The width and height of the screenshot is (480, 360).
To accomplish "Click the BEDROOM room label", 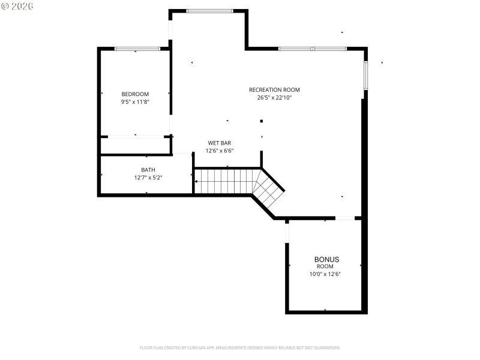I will pos(135,94).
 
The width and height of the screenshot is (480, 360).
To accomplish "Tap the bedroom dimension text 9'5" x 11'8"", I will pos(135,102).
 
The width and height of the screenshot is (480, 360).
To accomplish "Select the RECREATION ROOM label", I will pos(274,90).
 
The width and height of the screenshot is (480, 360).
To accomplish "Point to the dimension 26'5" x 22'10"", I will pos(274,97).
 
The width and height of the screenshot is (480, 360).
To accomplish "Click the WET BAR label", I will pos(220,143).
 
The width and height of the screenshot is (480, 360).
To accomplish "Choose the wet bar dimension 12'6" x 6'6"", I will pos(220,151).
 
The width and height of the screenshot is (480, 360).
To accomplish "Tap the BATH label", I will pos(148,170).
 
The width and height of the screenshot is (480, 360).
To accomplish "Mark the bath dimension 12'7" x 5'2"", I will pos(148,178).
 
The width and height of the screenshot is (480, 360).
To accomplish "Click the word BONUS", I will pos(327,259).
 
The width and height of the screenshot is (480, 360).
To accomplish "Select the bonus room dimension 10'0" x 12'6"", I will pos(325,274).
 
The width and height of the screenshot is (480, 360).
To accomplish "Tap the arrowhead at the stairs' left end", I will pos(196,181).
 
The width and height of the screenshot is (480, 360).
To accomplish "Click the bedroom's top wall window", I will pos(137,49).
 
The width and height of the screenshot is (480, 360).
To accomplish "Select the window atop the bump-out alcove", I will pos(210,11).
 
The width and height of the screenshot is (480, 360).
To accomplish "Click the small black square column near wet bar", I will pos(262,121).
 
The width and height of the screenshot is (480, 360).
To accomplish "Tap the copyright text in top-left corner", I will pos(17,5).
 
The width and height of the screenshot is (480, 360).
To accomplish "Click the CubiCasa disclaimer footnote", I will pos(240,347).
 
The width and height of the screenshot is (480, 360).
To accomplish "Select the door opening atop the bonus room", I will pos(344,218).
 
